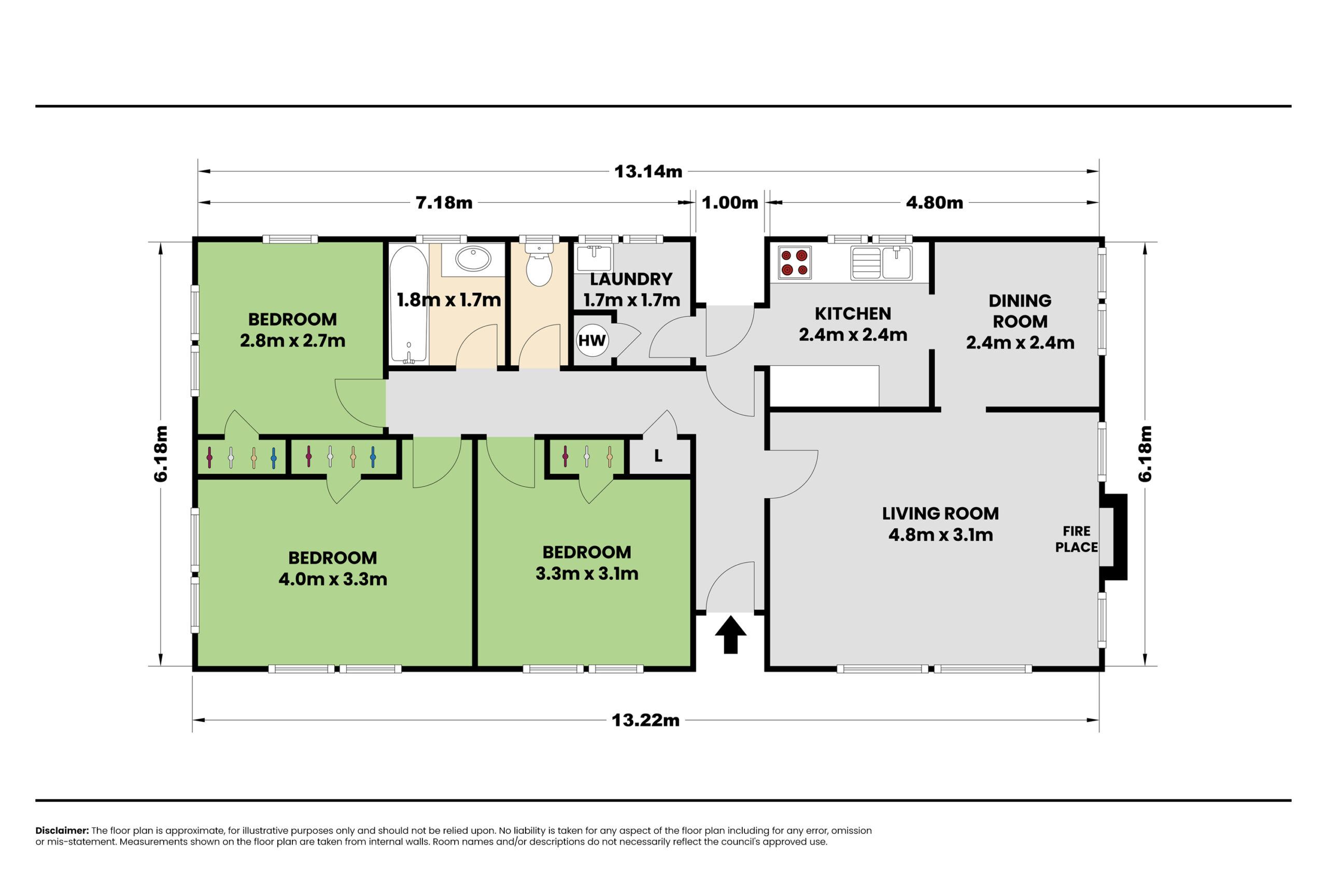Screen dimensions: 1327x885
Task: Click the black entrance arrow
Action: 731,635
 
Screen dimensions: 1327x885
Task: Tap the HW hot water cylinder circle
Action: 592,340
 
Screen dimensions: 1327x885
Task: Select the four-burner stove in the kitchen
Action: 795,262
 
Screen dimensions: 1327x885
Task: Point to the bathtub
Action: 409,304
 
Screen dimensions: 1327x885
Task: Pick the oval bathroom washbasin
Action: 473,259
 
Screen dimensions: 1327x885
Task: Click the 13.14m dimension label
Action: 648,171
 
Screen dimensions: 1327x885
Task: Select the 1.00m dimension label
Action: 730,203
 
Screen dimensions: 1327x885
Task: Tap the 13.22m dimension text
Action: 645,720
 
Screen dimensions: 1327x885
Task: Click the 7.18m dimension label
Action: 444,203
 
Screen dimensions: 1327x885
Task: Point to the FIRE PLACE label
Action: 1077,539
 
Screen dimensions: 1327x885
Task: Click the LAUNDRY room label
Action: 631,279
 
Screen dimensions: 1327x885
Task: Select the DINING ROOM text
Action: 1020,311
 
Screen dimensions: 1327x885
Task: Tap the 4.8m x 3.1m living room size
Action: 940,535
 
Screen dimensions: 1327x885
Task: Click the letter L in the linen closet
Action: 658,456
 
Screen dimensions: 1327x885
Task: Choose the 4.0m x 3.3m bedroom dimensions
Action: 333,579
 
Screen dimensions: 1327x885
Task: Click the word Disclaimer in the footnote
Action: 62,830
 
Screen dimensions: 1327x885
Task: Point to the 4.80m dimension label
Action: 934,203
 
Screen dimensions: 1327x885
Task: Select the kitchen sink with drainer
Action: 881,262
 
